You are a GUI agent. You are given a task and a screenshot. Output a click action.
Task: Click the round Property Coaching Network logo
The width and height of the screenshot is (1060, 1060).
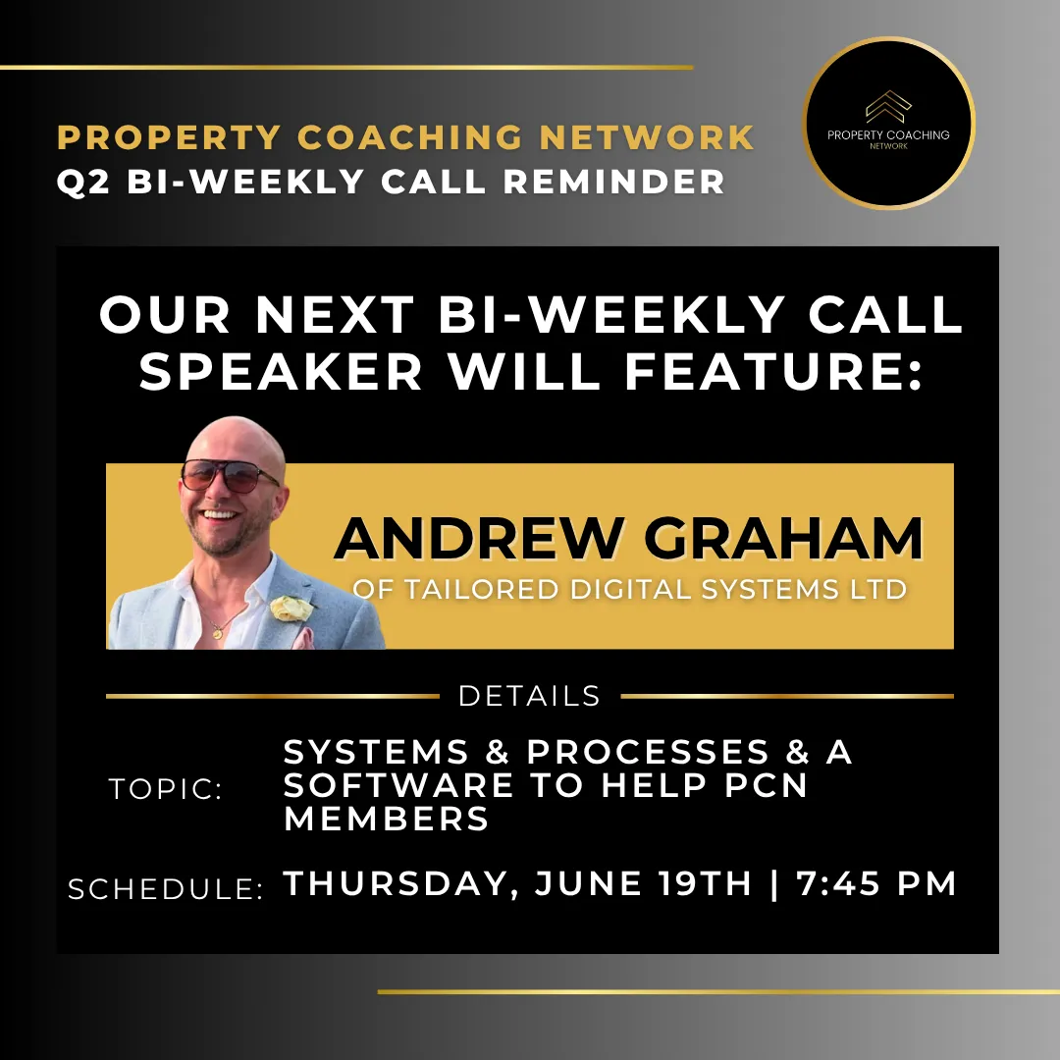(888, 123)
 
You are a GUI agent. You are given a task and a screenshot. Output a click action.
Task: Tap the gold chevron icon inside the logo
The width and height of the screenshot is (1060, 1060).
(888, 106)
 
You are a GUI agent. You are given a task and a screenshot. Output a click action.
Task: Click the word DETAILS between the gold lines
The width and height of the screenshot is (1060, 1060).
(529, 696)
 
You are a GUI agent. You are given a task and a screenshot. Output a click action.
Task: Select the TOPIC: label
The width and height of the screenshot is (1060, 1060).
(166, 789)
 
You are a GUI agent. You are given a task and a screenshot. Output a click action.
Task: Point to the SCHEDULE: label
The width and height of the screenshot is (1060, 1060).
(166, 889)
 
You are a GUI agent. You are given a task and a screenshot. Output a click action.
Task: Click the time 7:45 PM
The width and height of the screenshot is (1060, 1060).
(876, 883)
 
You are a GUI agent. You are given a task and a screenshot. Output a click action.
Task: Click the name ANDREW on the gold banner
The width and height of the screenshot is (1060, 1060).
(478, 538)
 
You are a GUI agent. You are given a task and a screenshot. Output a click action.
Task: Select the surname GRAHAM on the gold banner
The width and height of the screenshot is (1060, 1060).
(783, 538)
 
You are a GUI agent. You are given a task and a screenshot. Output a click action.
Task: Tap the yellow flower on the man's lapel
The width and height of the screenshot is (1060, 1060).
(291, 608)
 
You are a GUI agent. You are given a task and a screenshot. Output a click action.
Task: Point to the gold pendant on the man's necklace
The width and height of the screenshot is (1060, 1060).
(217, 633)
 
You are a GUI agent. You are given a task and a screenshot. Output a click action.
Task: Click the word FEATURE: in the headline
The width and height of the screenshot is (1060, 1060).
(774, 371)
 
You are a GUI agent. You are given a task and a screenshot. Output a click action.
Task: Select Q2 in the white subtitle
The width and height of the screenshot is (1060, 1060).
(83, 182)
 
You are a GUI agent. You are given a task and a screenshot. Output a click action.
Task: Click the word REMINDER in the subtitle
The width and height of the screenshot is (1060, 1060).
(613, 182)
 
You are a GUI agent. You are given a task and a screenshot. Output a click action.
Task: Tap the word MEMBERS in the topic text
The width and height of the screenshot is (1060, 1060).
(386, 818)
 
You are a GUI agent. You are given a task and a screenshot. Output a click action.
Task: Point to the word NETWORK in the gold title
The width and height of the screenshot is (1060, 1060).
(647, 136)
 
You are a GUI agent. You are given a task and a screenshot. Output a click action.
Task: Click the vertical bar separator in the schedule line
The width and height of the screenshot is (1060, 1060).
(774, 883)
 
